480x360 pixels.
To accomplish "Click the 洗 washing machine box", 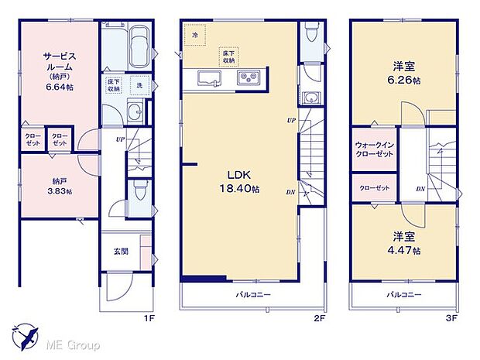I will pyautogui.click(x=140, y=85).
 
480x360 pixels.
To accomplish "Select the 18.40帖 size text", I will pyautogui.click(x=242, y=188).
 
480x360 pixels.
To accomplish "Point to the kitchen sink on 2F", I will pyautogui.click(x=210, y=78).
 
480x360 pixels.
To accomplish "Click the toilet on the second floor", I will pyautogui.click(x=310, y=33).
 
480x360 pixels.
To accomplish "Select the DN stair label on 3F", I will pyautogui.click(x=419, y=188).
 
